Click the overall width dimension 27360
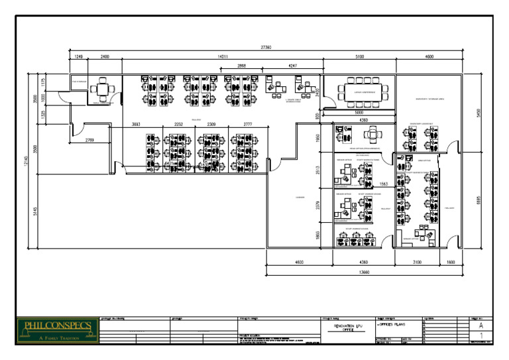pyautogui.click(x=266, y=47)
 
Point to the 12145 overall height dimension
pyautogui.click(x=28, y=160)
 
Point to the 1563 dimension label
pyautogui.click(x=383, y=184)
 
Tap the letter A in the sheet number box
pyautogui.click(x=481, y=326)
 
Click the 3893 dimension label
pyautogui.click(x=136, y=124)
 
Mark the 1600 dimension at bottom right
pyautogui.click(x=450, y=263)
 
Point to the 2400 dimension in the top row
pyautogui.click(x=105, y=58)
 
